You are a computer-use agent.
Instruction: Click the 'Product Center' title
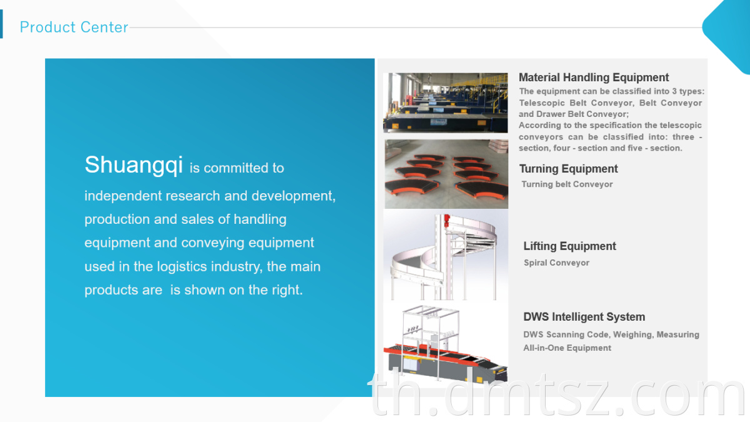click(74, 27)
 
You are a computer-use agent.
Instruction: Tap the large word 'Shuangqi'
click(134, 165)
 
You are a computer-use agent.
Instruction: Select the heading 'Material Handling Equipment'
click(594, 78)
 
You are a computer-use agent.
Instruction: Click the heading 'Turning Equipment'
click(568, 169)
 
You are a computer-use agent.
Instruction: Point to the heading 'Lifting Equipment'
click(569, 246)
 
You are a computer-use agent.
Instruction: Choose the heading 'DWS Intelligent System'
click(584, 317)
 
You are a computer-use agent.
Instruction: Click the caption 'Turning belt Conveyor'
click(567, 184)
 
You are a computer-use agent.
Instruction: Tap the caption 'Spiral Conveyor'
click(556, 263)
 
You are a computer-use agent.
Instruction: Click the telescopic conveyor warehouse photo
click(445, 103)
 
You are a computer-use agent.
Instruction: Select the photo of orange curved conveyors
click(446, 174)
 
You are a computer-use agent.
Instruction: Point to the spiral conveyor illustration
click(446, 255)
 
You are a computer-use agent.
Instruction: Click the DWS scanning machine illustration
click(446, 344)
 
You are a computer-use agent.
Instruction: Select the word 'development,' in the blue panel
click(293, 196)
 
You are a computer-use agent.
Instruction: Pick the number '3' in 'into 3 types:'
click(674, 91)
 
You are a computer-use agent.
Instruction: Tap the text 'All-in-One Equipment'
click(567, 348)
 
